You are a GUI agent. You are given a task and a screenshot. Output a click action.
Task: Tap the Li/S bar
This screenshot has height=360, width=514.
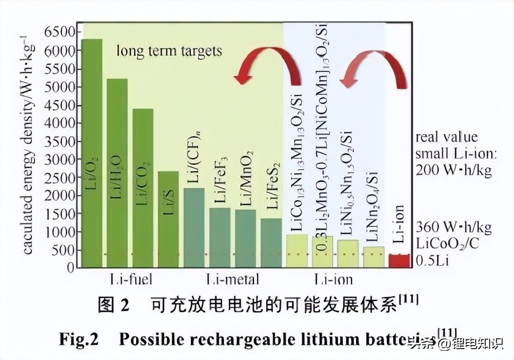[x=168, y=219]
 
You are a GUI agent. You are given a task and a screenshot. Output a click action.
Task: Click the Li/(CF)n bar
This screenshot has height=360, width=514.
[x=194, y=227]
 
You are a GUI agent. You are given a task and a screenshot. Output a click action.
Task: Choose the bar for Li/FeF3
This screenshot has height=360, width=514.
[x=220, y=237]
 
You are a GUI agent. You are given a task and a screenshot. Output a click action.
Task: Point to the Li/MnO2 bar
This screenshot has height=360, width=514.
[x=245, y=238]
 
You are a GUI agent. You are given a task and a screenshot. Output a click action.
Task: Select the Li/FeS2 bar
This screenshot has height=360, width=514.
[x=271, y=242]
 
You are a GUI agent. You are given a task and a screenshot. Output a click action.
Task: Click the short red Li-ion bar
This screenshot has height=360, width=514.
[x=398, y=260]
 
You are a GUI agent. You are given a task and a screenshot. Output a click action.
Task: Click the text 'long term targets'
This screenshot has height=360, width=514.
[x=169, y=51]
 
